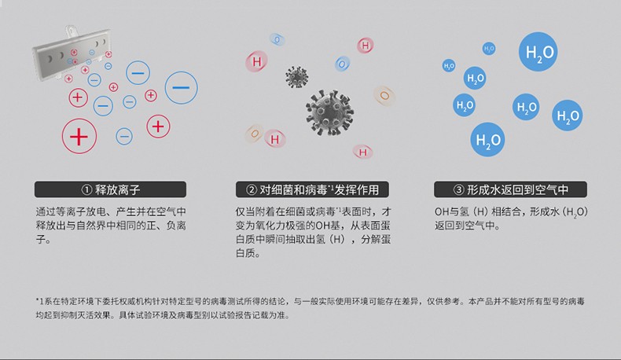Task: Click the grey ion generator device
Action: (x=72, y=53)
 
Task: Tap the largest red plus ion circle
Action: (x=79, y=136)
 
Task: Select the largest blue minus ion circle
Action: (x=181, y=87)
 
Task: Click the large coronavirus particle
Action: (x=329, y=112)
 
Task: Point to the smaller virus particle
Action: (x=296, y=77)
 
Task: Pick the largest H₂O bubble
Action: (x=538, y=52)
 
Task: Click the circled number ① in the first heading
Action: (x=86, y=189)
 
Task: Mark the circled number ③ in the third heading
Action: (x=458, y=189)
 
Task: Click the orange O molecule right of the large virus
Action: (x=384, y=95)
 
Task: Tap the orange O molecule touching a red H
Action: (x=255, y=134)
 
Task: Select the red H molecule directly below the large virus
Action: (x=363, y=152)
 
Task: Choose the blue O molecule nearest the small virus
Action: (x=342, y=64)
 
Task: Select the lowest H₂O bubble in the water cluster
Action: (x=488, y=139)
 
